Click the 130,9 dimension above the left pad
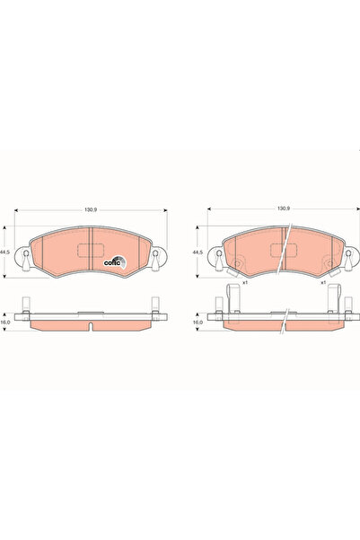[x=91, y=210]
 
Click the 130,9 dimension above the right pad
[x=284, y=210]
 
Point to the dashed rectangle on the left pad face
[x=91, y=255]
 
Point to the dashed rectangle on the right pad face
[x=284, y=255]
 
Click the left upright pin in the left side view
[x=29, y=306]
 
